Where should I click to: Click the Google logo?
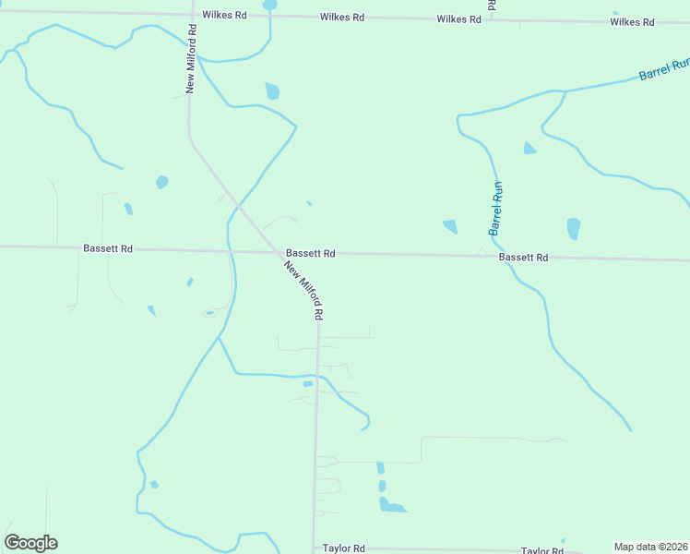pos(30,543)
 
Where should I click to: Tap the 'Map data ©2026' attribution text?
pos(651,547)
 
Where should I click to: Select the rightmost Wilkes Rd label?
pos(632,21)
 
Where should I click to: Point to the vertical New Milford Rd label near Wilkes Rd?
pos(191,58)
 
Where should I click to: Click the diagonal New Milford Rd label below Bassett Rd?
pos(303,290)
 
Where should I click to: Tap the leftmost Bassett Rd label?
pos(107,248)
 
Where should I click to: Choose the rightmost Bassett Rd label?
pos(524,258)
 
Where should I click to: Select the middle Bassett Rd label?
pos(310,253)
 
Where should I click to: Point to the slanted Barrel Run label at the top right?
pos(664,69)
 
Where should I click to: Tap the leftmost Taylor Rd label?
pos(344,548)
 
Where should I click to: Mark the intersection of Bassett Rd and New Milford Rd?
pos(279,251)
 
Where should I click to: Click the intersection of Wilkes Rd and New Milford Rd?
pos(191,15)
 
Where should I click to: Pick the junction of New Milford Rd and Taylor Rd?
pos(315,548)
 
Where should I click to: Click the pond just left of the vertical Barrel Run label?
pos(450,226)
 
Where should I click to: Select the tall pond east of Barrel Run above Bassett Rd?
pos(574,228)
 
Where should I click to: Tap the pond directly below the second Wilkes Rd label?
pos(272,90)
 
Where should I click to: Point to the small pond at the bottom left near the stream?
pos(154,484)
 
